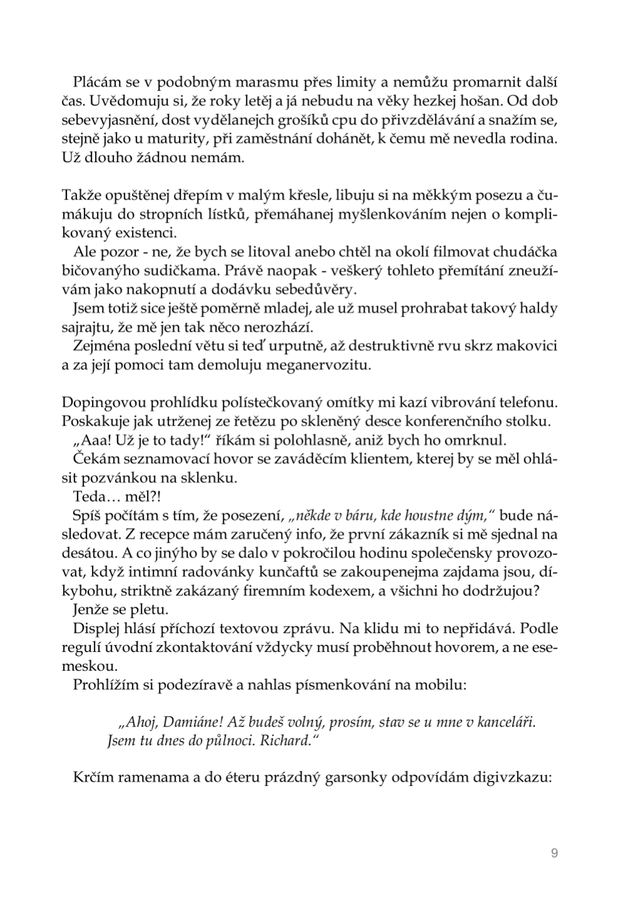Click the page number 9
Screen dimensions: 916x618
[554, 853]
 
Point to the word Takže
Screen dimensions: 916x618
[78, 196]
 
